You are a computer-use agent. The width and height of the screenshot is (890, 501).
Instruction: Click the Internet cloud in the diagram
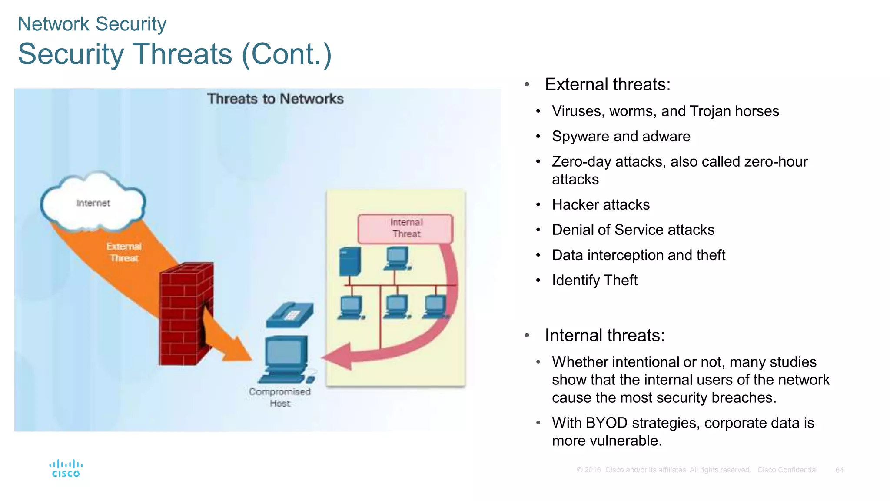(93, 203)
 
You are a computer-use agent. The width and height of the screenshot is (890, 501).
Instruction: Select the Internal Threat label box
(405, 228)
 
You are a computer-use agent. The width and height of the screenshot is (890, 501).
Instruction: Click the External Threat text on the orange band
(124, 252)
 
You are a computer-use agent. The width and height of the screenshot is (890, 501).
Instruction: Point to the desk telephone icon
(289, 314)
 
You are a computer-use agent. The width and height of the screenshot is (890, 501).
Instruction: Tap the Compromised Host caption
(280, 397)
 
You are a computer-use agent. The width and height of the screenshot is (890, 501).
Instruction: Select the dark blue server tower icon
(350, 261)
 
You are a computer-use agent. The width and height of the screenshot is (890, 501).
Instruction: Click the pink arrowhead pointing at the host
(339, 356)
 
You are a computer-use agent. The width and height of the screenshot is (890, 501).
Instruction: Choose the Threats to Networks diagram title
(275, 99)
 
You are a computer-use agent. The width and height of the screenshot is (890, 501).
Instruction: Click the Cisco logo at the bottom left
(66, 468)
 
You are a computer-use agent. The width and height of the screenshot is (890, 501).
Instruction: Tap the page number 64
(839, 470)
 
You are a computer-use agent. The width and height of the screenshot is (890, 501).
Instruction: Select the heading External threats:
(608, 84)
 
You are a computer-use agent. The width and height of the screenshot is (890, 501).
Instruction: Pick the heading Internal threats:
(604, 335)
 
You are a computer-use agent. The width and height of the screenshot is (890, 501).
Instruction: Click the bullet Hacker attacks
(601, 204)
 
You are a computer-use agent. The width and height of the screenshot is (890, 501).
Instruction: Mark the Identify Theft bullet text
(594, 280)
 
